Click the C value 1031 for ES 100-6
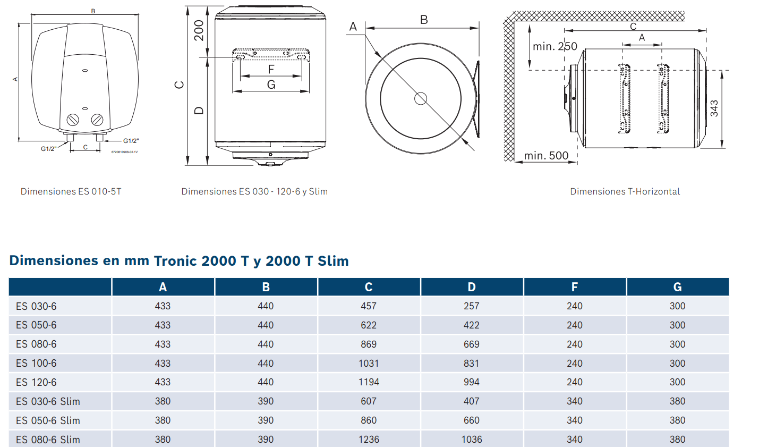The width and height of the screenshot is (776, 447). (369, 363)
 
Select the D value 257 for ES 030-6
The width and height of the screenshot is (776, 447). (471, 306)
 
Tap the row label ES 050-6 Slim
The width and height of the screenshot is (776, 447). (48, 420)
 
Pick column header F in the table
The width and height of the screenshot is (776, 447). (574, 287)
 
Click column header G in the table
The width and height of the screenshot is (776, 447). (677, 287)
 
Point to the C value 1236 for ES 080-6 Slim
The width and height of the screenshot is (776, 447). (369, 440)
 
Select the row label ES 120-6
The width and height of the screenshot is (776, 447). (36, 382)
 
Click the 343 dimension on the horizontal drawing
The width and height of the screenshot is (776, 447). (714, 108)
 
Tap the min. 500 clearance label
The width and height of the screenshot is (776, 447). (546, 156)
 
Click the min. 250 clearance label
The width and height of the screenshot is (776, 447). (555, 47)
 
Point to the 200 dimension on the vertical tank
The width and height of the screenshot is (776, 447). (199, 30)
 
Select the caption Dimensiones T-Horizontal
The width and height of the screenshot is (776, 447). (625, 191)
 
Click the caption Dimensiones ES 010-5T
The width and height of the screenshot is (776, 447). (71, 191)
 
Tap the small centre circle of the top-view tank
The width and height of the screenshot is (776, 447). (421, 98)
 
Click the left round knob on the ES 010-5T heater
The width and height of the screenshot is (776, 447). (73, 120)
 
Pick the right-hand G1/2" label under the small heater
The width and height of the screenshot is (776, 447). (131, 141)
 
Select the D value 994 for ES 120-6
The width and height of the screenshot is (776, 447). (471, 382)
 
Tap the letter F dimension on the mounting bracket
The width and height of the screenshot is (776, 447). (271, 70)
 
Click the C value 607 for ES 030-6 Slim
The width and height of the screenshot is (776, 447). (369, 401)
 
